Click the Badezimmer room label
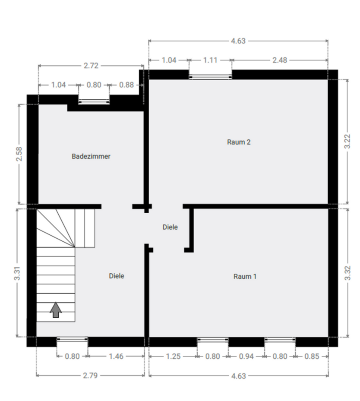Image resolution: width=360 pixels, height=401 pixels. tap(91, 156)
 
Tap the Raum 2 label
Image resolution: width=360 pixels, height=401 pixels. tap(239, 142)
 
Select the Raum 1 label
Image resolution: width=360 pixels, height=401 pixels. tap(245, 276)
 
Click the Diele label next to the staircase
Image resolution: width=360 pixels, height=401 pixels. tap(117, 276)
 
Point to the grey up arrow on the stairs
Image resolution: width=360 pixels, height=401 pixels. tap(55, 309)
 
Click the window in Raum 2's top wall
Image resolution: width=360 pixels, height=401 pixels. tap(210, 76)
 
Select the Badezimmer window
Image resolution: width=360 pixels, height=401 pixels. tap(94, 101)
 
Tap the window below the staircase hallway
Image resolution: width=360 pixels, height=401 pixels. tap(72, 340)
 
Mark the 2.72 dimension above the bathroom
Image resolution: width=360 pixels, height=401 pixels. tap(91, 66)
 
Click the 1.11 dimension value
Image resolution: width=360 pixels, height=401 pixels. tap(210, 60)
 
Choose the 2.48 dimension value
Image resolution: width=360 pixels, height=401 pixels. tap(279, 60)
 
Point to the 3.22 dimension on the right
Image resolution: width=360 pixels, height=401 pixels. tap(347, 141)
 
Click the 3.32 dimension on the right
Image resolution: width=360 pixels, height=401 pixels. tap(347, 273)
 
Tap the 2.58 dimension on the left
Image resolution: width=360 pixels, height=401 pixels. tap(19, 154)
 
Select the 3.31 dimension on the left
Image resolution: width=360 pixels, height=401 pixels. tap(17, 273)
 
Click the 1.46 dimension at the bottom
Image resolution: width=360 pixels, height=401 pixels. tap(116, 357)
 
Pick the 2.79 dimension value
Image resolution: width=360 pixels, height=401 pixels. tap(91, 376)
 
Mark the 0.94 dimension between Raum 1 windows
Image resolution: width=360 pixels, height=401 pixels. tap(246, 357)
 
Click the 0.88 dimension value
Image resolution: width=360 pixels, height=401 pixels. tap(126, 85)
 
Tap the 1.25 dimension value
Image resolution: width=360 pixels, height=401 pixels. tap(173, 357)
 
